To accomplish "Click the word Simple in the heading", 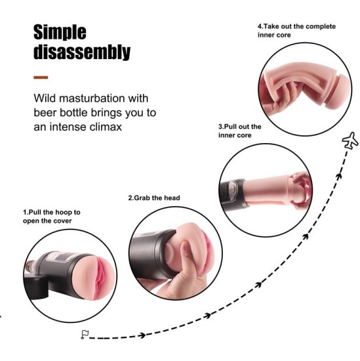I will pyautogui.click(x=60, y=32).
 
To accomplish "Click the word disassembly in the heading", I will pyautogui.click(x=82, y=53).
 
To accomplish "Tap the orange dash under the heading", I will pyautogui.click(x=41, y=77).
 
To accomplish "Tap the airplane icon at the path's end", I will pyautogui.click(x=351, y=139).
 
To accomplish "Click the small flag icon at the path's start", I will pyautogui.click(x=84, y=334).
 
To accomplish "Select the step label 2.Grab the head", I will pyautogui.click(x=153, y=198).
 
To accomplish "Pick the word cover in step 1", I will pyautogui.click(x=62, y=221).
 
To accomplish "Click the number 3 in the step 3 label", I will pyautogui.click(x=220, y=126).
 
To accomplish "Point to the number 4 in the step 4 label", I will pyautogui.click(x=259, y=26).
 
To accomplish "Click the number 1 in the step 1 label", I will pyautogui.click(x=25, y=213).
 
